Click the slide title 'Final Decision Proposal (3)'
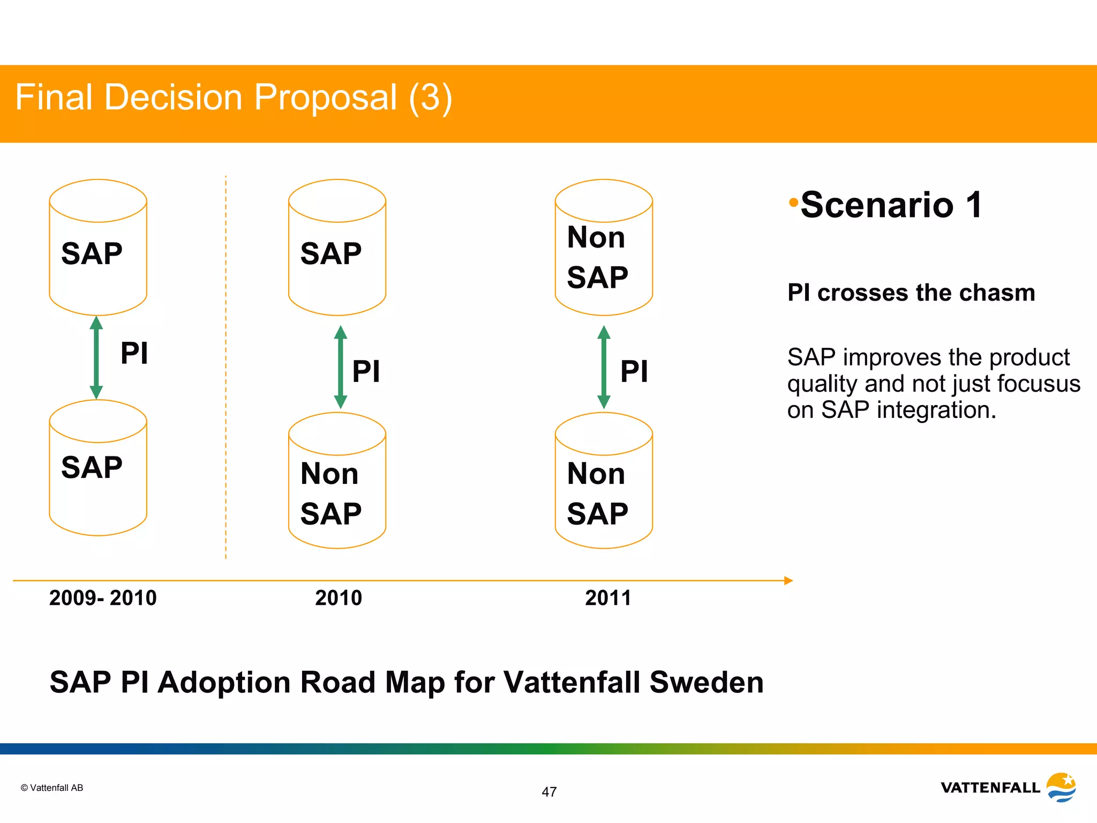[234, 98]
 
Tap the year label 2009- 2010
[103, 598]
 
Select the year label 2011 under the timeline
[608, 598]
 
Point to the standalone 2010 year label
[339, 598]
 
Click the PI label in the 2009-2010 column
[134, 354]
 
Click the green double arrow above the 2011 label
[604, 367]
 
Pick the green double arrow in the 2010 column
[340, 367]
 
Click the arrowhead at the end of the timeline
[788, 580]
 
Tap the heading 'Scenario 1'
[891, 205]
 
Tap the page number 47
[549, 792]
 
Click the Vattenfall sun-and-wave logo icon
[1062, 787]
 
